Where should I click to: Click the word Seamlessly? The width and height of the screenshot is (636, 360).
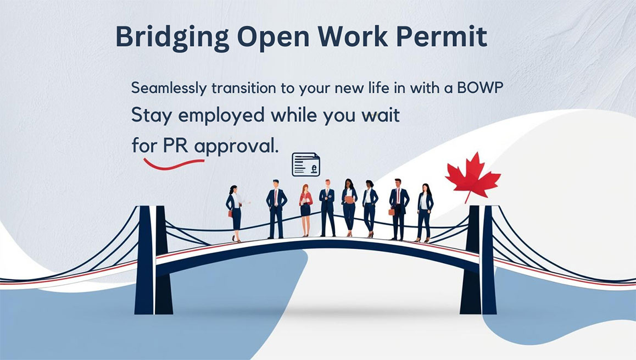tap(169, 88)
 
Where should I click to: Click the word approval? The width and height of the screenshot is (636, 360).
tap(237, 147)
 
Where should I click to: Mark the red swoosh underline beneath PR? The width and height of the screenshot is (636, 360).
tap(174, 164)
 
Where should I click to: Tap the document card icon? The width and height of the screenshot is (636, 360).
tap(306, 164)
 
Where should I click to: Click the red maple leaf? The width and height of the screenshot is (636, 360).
tap(472, 176)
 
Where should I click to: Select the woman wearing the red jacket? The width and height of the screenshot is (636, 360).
tap(305, 210)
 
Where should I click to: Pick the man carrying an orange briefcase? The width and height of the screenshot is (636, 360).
tap(398, 209)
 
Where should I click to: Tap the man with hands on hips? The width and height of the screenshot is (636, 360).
tap(276, 209)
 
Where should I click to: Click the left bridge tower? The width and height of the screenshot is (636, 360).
tap(153, 260)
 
